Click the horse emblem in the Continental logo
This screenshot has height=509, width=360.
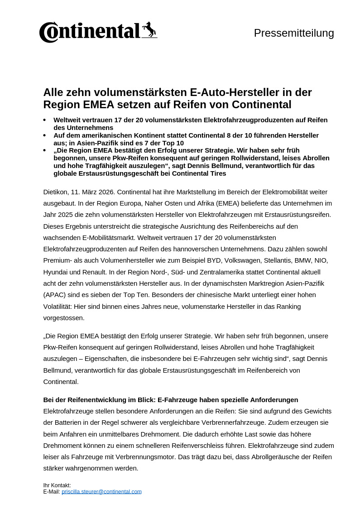(x=149, y=30)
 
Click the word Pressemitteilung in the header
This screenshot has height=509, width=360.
(x=294, y=33)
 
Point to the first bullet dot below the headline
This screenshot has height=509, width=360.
(x=44, y=120)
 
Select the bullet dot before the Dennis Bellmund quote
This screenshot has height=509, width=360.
(x=44, y=150)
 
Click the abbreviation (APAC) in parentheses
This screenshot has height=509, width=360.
(x=55, y=295)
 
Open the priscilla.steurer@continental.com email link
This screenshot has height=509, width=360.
(x=101, y=491)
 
